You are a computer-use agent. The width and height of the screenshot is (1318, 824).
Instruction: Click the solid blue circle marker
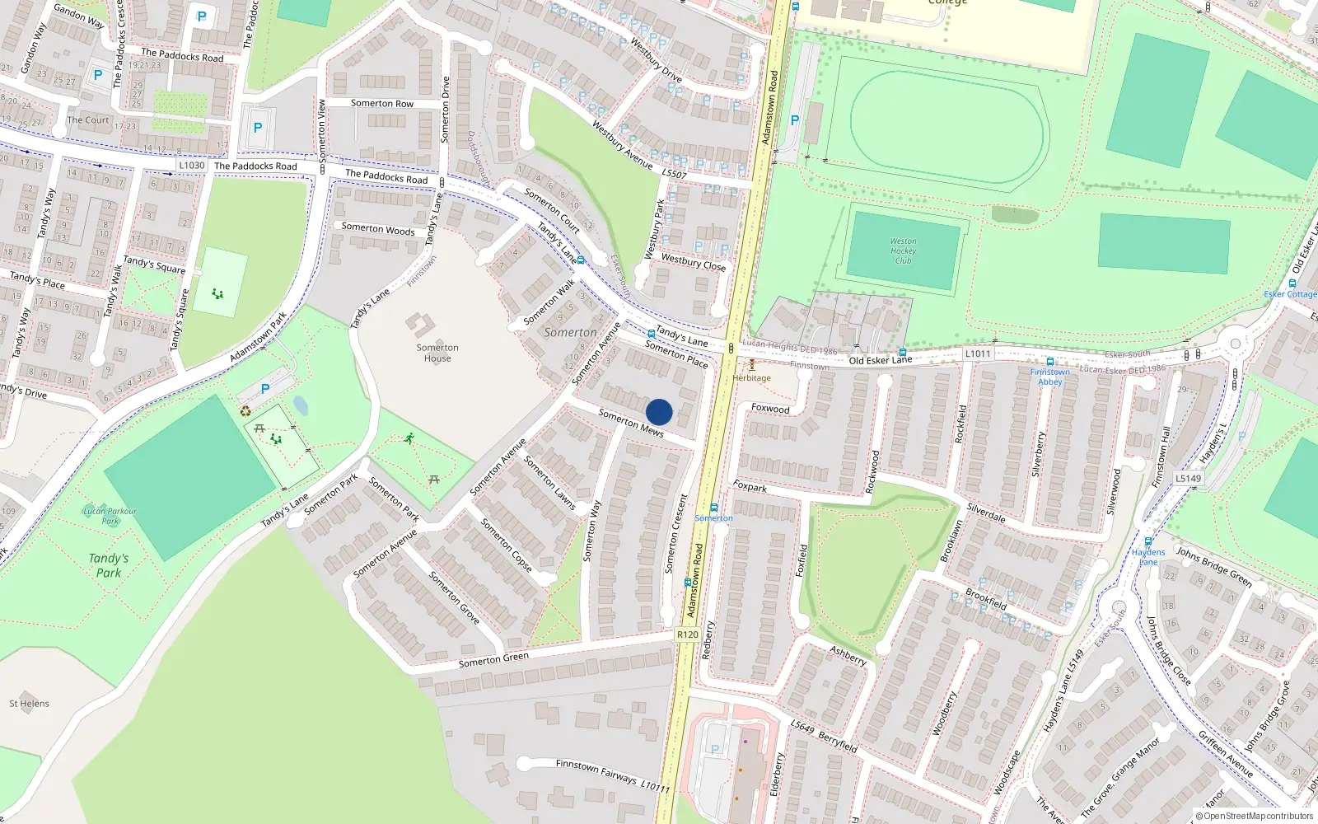pyautogui.click(x=659, y=412)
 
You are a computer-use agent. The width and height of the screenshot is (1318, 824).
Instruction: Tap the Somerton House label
pyautogui.click(x=437, y=353)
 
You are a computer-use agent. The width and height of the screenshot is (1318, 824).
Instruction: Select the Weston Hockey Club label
pyautogui.click(x=903, y=251)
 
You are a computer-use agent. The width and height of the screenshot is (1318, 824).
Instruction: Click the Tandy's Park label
pyautogui.click(x=109, y=565)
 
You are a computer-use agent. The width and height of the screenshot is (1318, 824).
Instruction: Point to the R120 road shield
pyautogui.click(x=687, y=634)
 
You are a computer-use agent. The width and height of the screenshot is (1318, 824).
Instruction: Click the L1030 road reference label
pyautogui.click(x=192, y=166)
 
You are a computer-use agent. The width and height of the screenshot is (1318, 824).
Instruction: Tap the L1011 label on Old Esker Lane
pyautogui.click(x=978, y=353)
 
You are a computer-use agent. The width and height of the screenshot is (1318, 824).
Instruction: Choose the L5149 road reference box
pyautogui.click(x=1188, y=478)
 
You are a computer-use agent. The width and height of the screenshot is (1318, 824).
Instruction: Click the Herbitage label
pyautogui.click(x=752, y=378)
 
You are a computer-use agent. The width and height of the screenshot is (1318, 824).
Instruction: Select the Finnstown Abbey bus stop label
pyautogui.click(x=1049, y=377)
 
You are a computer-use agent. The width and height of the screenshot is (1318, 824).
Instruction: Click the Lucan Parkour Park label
pyautogui.click(x=110, y=516)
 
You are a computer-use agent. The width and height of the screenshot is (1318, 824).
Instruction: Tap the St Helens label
pyautogui.click(x=30, y=704)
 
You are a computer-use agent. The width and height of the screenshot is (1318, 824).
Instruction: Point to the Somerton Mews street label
pyautogui.click(x=631, y=423)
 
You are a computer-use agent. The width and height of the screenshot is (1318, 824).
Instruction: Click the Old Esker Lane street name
pyautogui.click(x=881, y=360)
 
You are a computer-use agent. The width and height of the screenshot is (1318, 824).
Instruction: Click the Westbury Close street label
pyautogui.click(x=694, y=262)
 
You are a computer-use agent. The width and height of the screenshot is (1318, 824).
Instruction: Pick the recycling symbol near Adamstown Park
pyautogui.click(x=245, y=411)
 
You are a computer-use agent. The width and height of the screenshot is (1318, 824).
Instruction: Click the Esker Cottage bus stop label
pyautogui.click(x=1290, y=294)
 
